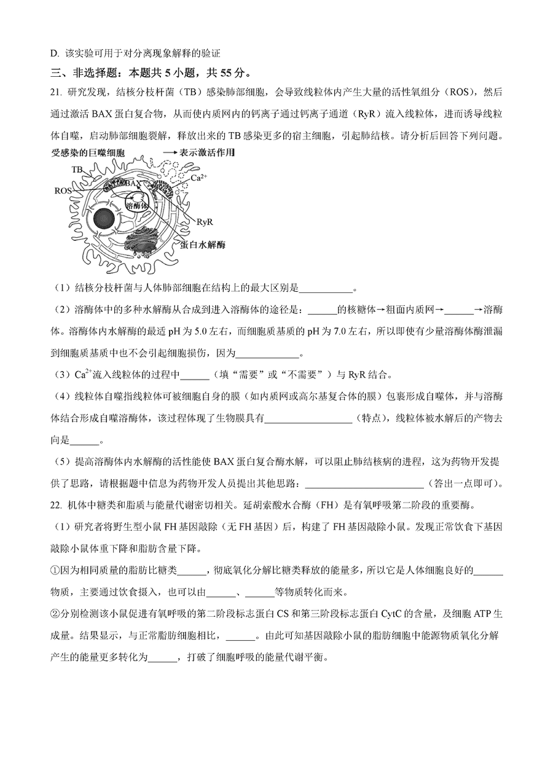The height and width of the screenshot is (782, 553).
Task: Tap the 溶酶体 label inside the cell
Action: click(136, 205)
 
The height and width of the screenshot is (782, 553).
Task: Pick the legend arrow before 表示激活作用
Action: click(169, 152)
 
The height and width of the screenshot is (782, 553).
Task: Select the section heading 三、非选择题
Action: click(88, 73)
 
